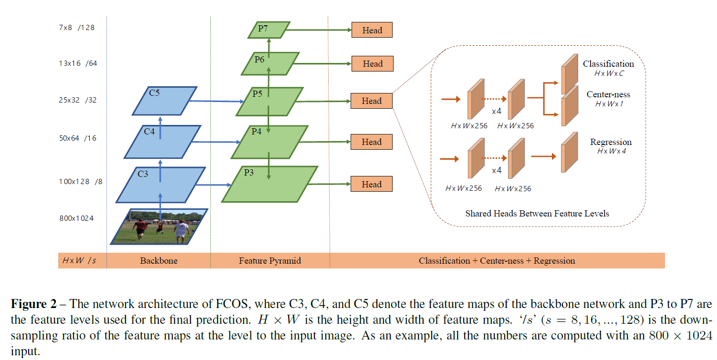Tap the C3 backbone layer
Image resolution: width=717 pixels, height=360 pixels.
click(160, 185)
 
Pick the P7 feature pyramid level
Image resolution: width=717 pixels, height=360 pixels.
click(269, 30)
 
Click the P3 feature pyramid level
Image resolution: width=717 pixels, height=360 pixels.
click(270, 184)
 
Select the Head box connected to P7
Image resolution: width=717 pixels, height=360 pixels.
click(372, 30)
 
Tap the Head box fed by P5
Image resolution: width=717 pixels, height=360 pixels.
click(372, 101)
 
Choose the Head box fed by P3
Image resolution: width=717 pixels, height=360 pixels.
click(372, 185)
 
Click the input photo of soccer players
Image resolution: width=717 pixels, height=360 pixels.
click(159, 226)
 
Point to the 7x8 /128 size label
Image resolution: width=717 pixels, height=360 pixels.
click(76, 28)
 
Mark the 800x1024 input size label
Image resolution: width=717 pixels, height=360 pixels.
click(76, 218)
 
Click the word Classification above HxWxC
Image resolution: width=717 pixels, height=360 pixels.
click(608, 64)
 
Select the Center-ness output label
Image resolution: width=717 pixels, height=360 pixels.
click(608, 94)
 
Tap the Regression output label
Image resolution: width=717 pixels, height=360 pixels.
click(611, 142)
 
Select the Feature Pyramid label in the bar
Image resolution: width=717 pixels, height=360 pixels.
click(270, 261)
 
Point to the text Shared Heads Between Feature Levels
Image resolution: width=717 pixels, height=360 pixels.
click(537, 214)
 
